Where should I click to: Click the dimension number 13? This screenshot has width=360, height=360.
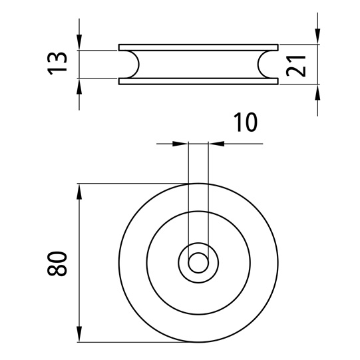coord(57,64)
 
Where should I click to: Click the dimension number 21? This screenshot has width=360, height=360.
coord(296,66)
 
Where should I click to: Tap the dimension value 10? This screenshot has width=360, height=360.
coord(246,122)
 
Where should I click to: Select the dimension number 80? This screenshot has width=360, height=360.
coord(57,264)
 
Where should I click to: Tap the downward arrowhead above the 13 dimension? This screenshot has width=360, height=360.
coord(79,42)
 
